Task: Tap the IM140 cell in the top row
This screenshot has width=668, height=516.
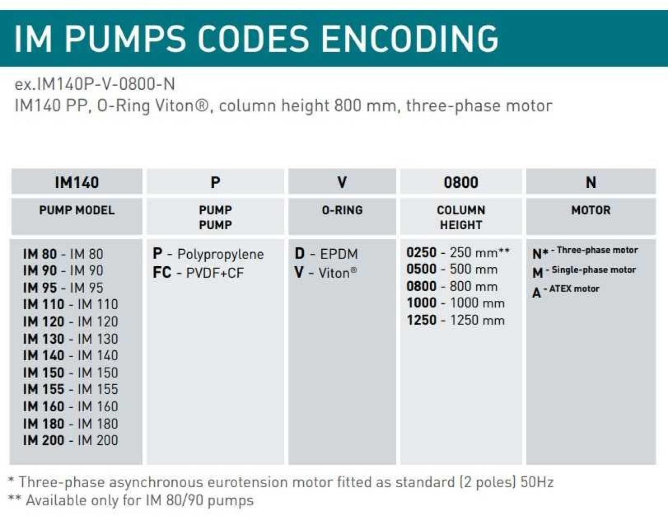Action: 77,182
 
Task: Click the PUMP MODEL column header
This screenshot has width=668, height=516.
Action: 77,210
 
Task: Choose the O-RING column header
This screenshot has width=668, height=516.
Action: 342,210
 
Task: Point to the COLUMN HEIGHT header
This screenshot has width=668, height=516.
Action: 461,217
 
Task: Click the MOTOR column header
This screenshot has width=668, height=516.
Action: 591,210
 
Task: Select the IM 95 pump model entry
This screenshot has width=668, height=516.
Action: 63,287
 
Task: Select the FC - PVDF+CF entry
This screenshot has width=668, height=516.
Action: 198,272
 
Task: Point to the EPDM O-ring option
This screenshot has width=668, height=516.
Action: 326,254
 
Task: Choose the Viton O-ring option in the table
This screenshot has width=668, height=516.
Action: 325,272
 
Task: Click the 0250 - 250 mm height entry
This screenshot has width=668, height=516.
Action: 458,252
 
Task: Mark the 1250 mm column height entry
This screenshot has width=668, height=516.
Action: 455,320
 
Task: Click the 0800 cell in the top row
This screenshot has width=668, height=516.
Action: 461,182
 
